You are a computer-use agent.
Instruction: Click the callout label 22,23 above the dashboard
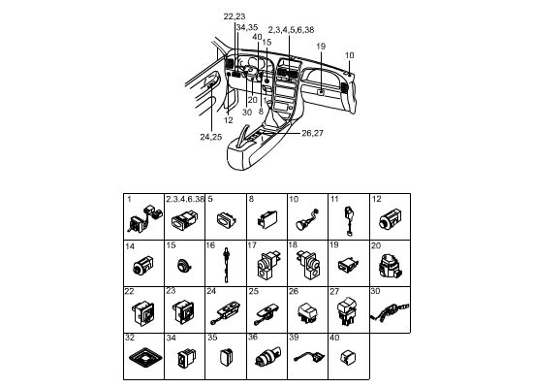coord(235,16)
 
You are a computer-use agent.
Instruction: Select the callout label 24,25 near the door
coord(210,137)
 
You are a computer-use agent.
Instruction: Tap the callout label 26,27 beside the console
coord(312,133)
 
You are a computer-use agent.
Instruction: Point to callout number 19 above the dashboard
coord(321,47)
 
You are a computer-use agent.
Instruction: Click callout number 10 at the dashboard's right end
coord(349,55)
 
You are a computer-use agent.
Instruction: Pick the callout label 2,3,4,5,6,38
coord(291,30)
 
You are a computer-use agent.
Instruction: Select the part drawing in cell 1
coord(144,218)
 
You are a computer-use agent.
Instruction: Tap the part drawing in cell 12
coord(390,219)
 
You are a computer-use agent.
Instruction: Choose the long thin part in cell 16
coord(226,265)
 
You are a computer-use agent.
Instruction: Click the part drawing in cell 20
coord(390,266)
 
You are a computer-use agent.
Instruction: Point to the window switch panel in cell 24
coord(227,312)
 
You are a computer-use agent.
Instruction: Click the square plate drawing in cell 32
coord(145,358)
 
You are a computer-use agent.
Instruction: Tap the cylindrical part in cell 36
coord(267,357)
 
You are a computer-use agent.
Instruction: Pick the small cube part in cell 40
coord(348,357)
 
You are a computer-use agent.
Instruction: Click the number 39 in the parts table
coord(294,338)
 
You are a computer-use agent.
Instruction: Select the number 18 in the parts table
coord(293,244)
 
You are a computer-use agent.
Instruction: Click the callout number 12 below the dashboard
coord(229,120)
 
